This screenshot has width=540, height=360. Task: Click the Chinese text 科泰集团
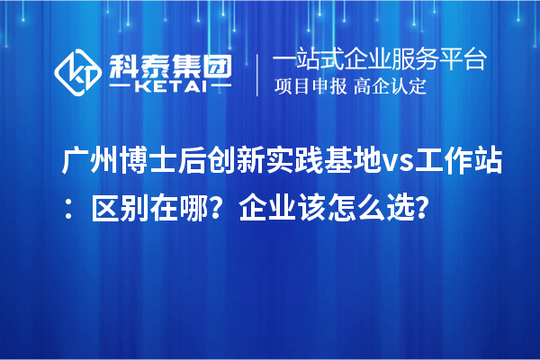point(169,63)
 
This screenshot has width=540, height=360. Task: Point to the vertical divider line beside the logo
point(258,74)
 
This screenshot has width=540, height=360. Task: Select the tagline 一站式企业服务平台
point(380,60)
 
